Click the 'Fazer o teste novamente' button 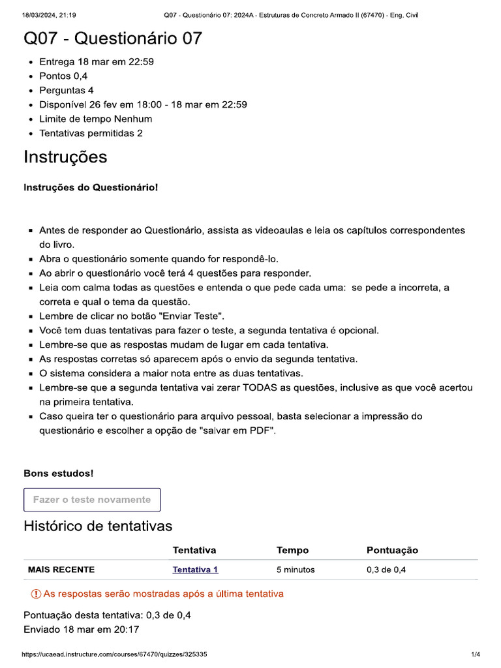tap(92, 500)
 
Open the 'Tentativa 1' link tap(195, 569)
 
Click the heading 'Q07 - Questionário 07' tap(113, 39)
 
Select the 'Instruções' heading tap(65, 157)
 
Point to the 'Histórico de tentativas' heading tap(98, 526)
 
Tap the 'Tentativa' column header tap(194, 551)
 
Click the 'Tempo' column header tap(292, 551)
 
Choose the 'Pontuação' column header tap(392, 551)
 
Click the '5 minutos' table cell tap(295, 569)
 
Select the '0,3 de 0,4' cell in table tap(386, 569)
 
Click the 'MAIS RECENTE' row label tap(61, 569)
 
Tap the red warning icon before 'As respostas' tap(36, 594)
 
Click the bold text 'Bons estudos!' tap(58, 473)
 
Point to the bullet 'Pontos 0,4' tap(63, 76)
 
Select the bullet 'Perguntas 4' tap(66, 90)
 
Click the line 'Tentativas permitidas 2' tap(91, 133)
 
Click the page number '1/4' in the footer tap(476, 654)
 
